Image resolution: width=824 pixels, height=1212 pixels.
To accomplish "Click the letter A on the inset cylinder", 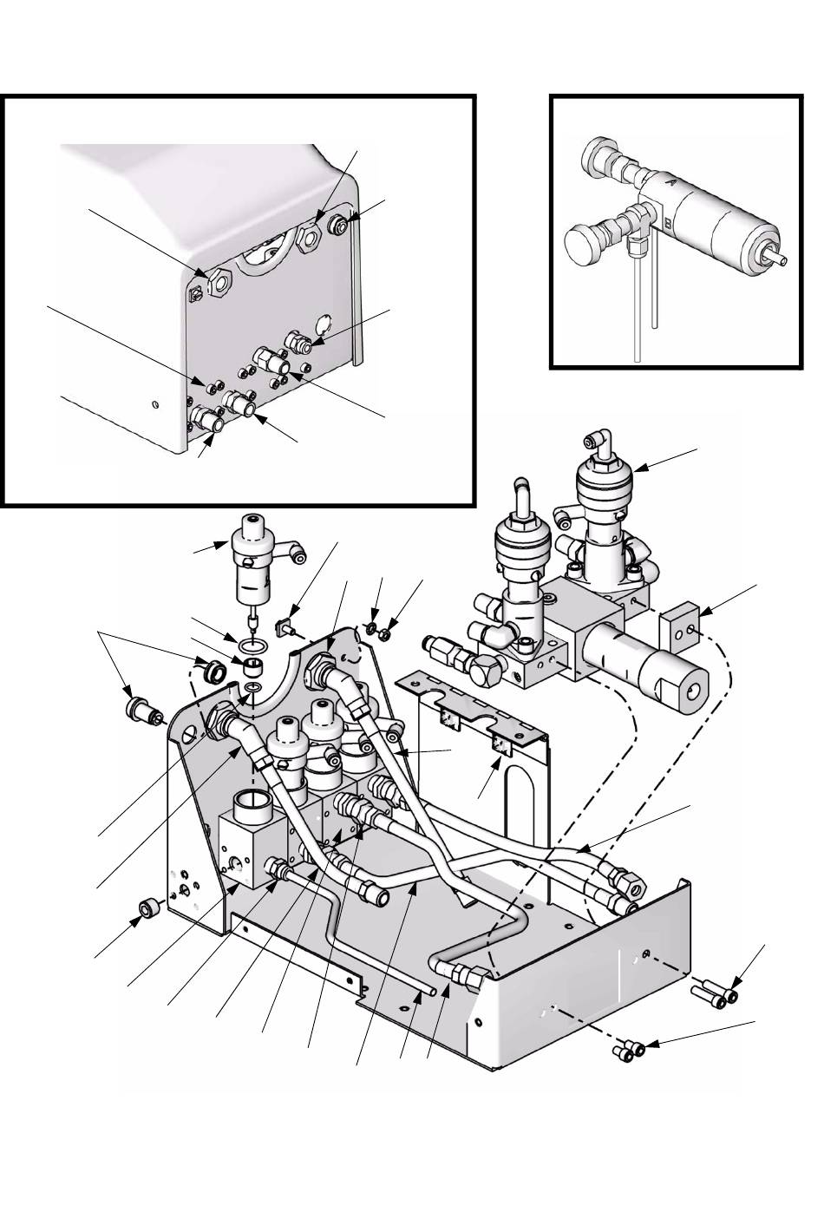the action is (672, 183).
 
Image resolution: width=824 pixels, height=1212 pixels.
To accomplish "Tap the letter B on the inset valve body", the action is (669, 222).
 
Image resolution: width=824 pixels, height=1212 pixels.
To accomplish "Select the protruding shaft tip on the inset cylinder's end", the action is (777, 259).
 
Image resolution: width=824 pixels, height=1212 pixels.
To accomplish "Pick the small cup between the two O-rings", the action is (251, 666).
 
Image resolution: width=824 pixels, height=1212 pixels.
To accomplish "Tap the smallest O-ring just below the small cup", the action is (251, 687).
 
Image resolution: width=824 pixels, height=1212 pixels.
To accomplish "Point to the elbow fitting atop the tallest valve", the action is (599, 441).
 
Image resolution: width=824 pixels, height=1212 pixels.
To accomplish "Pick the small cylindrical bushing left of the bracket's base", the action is (149, 907).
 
